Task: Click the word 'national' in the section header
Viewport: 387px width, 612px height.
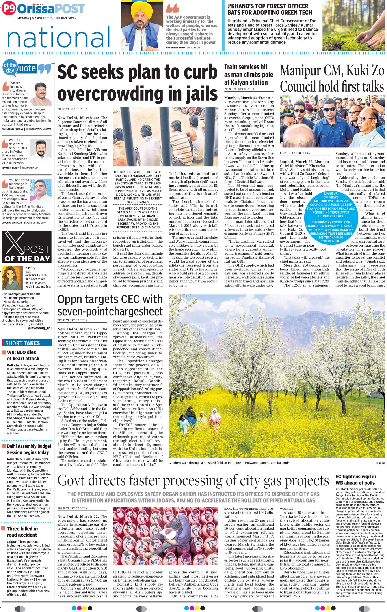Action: click(x=58, y=38)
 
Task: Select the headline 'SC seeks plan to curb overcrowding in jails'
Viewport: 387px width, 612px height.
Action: click(x=137, y=83)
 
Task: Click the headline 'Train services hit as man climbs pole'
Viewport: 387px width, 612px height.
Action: click(x=249, y=75)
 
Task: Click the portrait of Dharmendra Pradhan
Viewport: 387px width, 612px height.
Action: click(x=41, y=94)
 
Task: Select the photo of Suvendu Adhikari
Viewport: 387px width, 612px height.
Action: click(x=41, y=191)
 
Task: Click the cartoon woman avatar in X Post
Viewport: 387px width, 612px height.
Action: click(x=12, y=278)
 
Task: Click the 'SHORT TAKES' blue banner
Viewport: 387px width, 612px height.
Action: click(x=26, y=343)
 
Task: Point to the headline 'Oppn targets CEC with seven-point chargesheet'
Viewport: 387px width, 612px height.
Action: click(x=110, y=305)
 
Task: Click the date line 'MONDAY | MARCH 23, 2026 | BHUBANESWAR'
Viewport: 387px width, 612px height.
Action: click(x=47, y=18)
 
